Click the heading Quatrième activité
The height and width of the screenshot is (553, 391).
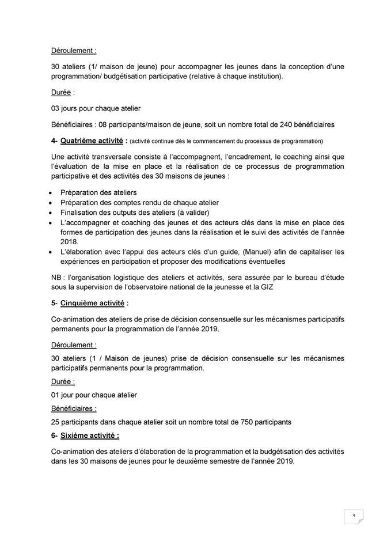[x=92, y=140]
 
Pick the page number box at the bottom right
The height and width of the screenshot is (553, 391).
[x=352, y=516]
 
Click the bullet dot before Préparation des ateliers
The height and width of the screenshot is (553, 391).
[x=52, y=192]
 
